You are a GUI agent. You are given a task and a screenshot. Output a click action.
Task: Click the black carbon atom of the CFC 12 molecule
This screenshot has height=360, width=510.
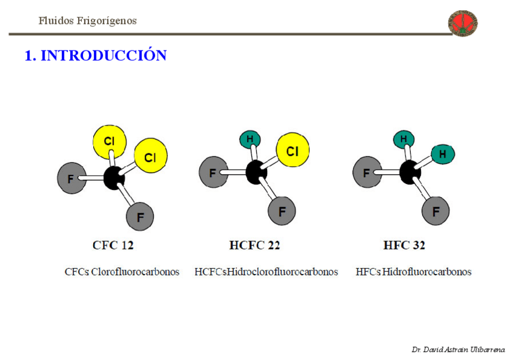click(113, 178)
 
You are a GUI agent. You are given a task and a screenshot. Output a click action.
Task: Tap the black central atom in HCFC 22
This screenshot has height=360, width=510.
click(257, 172)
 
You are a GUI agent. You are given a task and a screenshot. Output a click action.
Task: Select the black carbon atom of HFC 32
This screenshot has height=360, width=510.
click(411, 172)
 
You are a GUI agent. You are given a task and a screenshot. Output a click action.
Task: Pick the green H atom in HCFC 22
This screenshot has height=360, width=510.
click(250, 139)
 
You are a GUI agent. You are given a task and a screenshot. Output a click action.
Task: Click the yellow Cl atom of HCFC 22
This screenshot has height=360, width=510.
click(292, 150)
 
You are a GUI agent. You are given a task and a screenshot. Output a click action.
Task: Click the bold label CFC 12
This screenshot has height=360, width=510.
click(113, 245)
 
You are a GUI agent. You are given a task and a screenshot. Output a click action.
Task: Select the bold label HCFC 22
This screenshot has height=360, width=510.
click(254, 245)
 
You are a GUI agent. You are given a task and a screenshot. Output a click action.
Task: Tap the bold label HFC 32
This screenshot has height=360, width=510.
click(404, 245)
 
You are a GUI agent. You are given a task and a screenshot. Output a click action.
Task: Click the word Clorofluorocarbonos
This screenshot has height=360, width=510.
click(135, 272)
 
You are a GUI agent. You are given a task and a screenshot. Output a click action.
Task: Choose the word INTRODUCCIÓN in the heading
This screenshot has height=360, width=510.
click(103, 56)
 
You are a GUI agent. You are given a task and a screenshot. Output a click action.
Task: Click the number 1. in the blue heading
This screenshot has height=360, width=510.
click(30, 56)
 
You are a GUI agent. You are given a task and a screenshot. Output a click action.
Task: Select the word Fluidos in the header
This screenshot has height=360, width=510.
click(56, 21)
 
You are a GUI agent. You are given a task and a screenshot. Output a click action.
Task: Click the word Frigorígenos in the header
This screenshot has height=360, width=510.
click(107, 21)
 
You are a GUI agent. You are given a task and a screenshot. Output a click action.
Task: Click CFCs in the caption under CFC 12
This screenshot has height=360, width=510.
click(77, 272)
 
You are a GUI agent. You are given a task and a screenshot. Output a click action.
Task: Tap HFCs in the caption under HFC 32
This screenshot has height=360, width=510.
click(368, 272)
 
